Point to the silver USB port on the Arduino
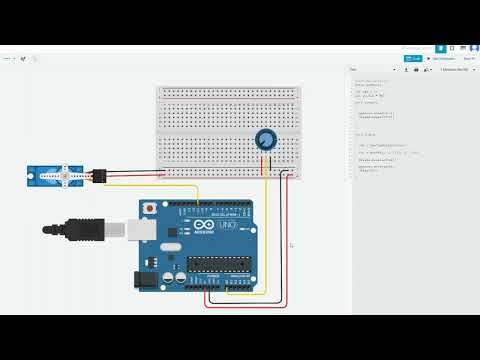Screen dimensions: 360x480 (x=124, y=229)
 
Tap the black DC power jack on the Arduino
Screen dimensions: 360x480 (x=148, y=281)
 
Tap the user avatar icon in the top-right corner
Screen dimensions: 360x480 (x=471, y=47)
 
